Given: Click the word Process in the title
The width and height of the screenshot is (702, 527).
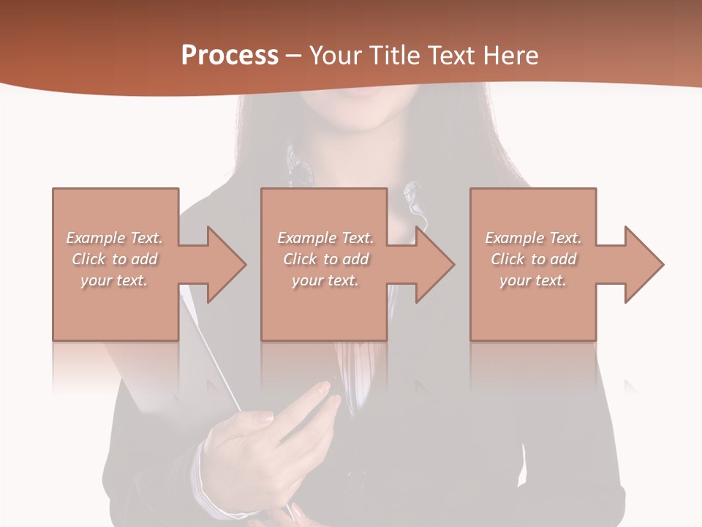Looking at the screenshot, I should coord(230,56).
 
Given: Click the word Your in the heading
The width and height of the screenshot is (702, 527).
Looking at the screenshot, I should coord(336,56).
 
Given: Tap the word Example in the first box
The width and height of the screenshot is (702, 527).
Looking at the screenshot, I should coord(95,238).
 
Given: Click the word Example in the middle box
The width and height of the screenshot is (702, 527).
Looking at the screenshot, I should coord(306,238).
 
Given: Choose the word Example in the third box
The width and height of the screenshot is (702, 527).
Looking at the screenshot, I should coord(514,238).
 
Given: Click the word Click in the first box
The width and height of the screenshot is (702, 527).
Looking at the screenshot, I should coord(88,259).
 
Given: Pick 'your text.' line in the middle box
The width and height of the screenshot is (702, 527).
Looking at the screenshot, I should coord(325,280).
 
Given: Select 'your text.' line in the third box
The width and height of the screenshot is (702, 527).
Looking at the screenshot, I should coord(532,280).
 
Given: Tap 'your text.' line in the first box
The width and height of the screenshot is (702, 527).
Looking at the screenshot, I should coord(113,280).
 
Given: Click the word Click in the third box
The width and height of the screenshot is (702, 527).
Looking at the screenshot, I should coord(508,259).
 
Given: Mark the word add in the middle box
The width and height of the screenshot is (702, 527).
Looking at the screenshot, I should coord(355,259).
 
